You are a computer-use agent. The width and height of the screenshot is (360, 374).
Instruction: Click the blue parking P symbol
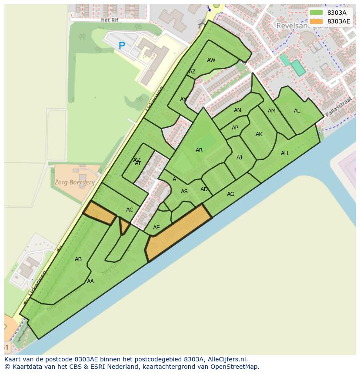122,45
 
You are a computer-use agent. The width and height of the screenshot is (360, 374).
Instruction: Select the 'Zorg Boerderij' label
75,182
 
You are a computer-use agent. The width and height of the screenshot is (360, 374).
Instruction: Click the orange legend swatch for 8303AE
317,21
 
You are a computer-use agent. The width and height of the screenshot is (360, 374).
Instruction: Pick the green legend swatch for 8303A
317,13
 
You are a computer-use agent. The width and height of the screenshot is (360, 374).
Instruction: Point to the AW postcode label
211,60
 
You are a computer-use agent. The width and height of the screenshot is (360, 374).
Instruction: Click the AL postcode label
297,111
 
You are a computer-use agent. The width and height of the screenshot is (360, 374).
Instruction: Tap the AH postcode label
284,153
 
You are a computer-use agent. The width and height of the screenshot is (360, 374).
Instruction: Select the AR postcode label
199,150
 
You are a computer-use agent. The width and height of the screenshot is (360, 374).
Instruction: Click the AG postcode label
230,194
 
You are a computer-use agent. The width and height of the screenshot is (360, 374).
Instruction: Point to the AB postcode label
78,259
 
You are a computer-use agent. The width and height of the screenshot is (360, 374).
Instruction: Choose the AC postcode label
130,210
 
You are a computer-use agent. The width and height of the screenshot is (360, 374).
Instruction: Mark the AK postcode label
259,134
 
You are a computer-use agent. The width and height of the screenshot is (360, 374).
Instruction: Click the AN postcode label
237,110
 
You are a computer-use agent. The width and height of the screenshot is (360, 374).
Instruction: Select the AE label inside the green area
157,228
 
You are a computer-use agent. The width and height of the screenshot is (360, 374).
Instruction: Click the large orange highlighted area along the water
178,235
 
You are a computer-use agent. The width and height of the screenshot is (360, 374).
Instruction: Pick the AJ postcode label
239,158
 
